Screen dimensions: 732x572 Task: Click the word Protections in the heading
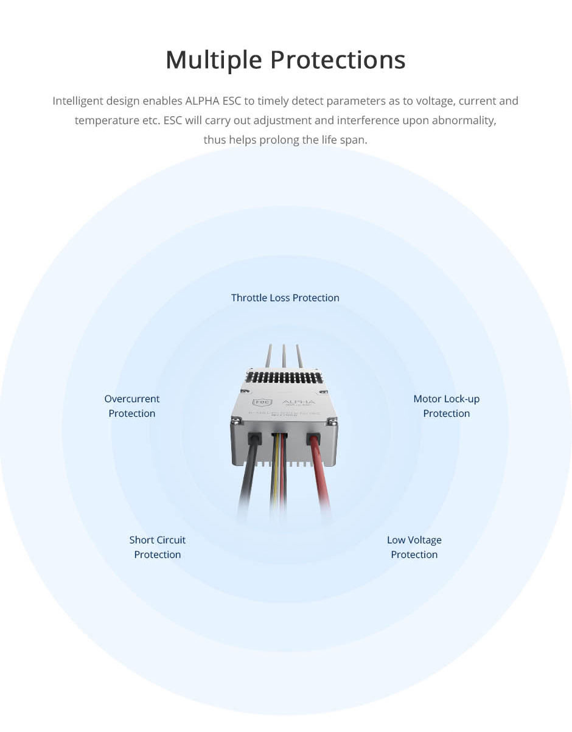tap(338, 60)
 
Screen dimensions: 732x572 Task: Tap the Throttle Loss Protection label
tap(285, 298)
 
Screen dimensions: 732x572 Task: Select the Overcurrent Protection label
tap(131, 406)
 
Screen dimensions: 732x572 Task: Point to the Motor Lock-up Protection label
tap(446, 406)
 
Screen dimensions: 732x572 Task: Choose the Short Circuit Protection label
tap(157, 547)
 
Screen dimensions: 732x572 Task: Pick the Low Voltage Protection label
tap(414, 547)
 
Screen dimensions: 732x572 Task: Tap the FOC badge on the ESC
tap(261, 402)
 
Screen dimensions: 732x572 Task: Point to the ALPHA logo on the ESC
tap(298, 402)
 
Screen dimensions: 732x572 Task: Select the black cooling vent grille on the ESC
tap(285, 378)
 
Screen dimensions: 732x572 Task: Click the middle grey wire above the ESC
tap(284, 356)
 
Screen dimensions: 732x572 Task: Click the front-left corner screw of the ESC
tap(235, 420)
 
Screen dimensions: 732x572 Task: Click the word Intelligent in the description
tap(78, 101)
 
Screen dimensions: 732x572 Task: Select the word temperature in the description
tap(106, 120)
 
